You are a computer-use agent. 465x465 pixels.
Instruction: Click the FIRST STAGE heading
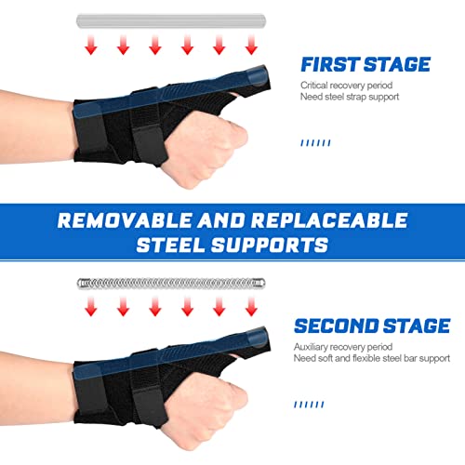coord(365,64)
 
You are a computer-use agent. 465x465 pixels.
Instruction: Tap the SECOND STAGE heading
coord(371,325)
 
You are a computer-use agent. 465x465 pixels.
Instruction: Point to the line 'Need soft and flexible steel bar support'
coord(371,358)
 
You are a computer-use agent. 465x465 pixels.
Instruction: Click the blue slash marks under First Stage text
coord(316,143)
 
